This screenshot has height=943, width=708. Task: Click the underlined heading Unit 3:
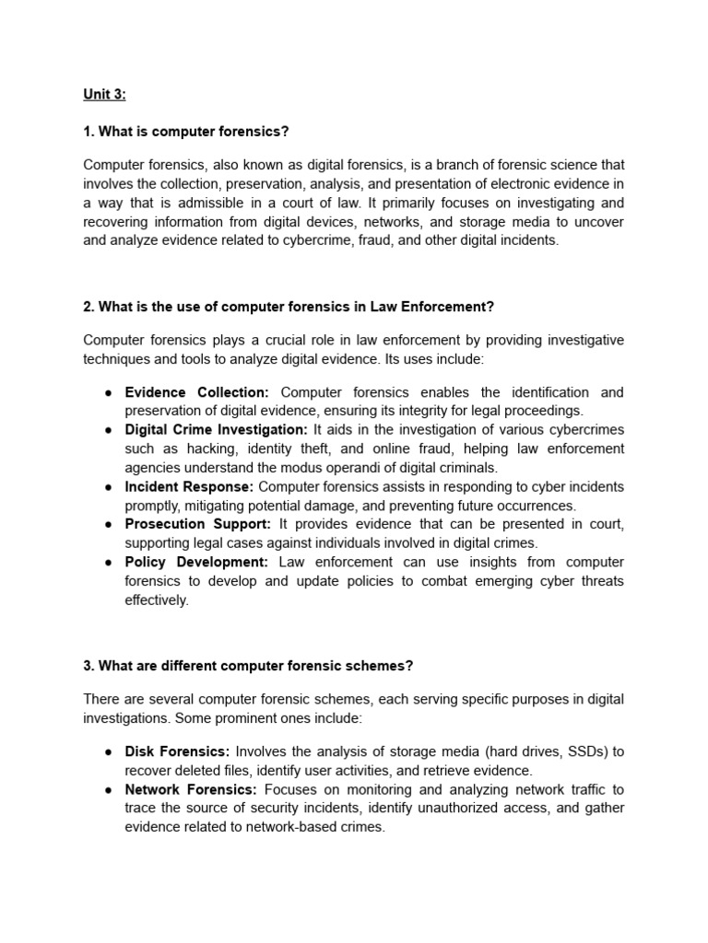[x=104, y=94]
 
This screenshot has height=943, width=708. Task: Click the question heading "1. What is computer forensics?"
[x=186, y=132]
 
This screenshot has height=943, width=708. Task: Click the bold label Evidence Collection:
[x=197, y=392]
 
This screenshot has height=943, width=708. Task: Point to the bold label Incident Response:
[x=189, y=486]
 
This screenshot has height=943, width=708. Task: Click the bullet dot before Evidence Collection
[x=108, y=392]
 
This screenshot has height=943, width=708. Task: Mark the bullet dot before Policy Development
[x=108, y=562]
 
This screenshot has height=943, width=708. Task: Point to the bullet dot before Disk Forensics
[x=108, y=751]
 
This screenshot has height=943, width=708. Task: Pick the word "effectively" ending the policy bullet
[x=156, y=600]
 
